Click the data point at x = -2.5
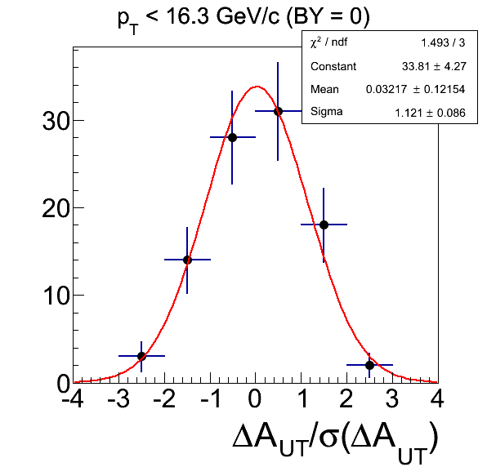pos(141,356)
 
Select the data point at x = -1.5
pos(187,260)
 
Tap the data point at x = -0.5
pos(232,137)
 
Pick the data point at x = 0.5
pos(278,111)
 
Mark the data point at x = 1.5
pos(324,225)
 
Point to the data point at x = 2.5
pos(369,365)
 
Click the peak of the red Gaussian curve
pos(257,87)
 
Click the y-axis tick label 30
pos(56,121)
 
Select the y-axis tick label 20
pos(56,208)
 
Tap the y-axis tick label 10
pos(56,296)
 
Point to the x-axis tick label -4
pos(73,398)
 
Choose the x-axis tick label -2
pos(164,398)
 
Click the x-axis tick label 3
pos(392,398)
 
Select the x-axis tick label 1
pos(302,398)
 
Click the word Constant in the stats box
pos(333,66)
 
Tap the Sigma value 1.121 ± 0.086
pos(430,113)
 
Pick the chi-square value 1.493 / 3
pos(443,42)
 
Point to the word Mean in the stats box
pos(324,89)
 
